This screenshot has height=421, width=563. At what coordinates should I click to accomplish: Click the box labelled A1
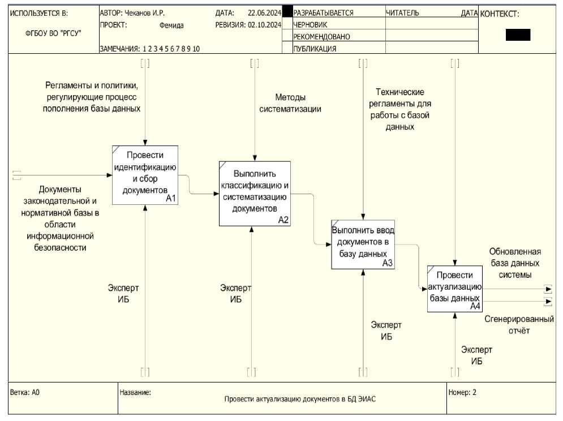click(145, 175)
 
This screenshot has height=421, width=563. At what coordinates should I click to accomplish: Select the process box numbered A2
click(255, 194)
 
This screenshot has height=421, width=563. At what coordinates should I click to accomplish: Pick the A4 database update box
click(454, 289)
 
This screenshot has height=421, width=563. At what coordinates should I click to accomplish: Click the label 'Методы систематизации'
click(290, 103)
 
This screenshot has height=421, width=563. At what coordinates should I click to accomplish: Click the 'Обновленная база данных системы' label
click(514, 263)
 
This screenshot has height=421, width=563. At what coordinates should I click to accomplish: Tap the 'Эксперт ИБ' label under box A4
click(476, 355)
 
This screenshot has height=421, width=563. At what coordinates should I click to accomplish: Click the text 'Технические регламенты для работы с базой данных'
click(400, 109)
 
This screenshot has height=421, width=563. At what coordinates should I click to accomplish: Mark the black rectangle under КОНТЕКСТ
click(518, 35)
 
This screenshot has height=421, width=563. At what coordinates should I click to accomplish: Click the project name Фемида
click(171, 25)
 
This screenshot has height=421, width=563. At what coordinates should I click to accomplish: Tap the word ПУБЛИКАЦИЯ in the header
click(315, 49)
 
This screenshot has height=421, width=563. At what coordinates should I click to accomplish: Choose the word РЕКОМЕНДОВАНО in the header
click(321, 37)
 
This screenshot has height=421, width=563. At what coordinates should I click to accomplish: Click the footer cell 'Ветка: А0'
click(25, 392)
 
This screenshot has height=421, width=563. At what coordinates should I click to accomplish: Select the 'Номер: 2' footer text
click(462, 392)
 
